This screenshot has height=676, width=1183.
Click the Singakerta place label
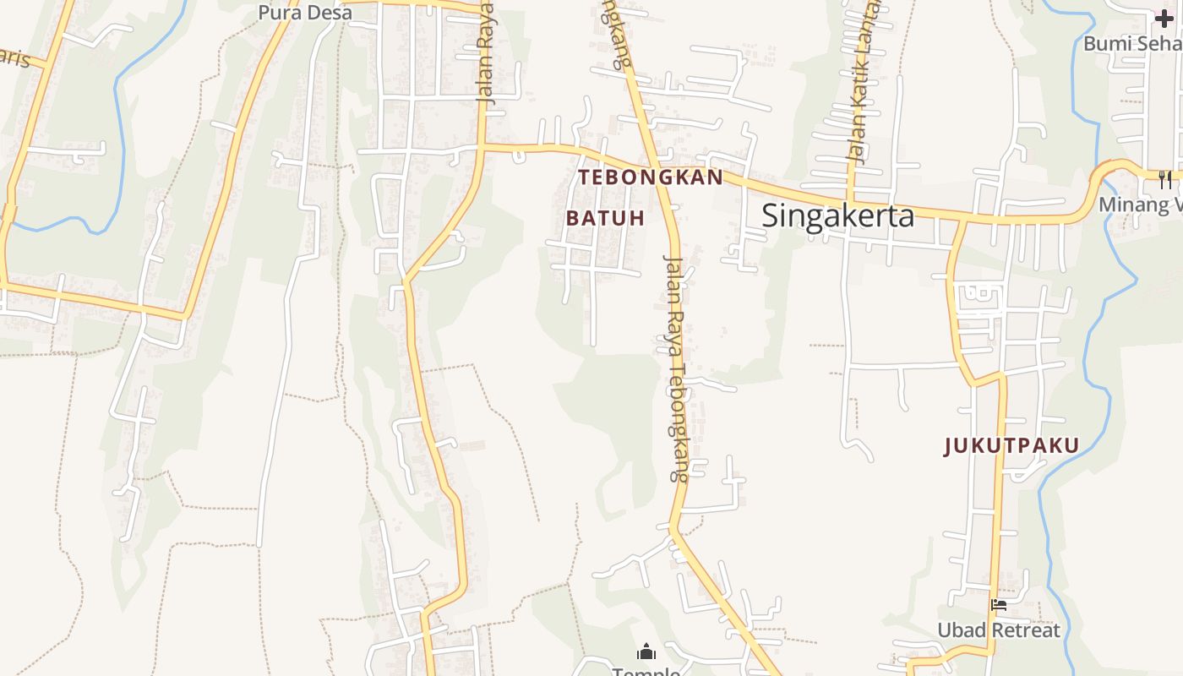(837, 215)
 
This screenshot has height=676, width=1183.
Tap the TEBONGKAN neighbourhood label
(651, 177)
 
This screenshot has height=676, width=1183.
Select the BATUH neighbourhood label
(605, 218)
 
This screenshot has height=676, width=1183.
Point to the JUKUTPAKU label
(1011, 446)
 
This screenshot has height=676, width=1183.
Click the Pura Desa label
(305, 13)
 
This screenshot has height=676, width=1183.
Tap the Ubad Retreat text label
(998, 630)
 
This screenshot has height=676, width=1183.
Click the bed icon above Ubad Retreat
(999, 605)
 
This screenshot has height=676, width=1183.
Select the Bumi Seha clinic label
(1132, 42)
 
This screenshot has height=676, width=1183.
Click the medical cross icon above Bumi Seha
(1164, 19)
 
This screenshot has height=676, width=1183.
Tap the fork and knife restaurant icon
(1165, 179)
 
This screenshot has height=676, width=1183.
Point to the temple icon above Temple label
(646, 651)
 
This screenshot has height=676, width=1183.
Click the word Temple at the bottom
(646, 672)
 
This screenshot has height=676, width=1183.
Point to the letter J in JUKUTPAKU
(948, 446)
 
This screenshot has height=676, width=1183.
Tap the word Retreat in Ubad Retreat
(1026, 630)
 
